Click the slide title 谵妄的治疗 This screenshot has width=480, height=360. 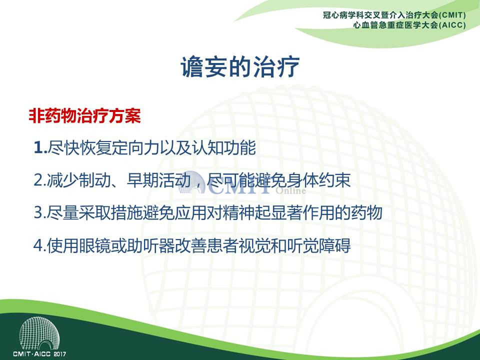click(240, 66)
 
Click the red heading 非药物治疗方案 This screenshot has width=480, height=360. click(85, 116)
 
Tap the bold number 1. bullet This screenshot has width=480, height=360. click(40, 147)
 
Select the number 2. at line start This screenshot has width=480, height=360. click(40, 180)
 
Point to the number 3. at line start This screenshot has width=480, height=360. click(40, 212)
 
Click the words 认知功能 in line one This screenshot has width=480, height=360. click(224, 147)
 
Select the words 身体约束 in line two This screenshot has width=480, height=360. click(318, 180)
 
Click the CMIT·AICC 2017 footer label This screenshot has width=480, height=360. click(39, 354)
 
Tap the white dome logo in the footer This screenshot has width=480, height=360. click(39, 333)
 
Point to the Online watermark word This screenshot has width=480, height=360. click(291, 190)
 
